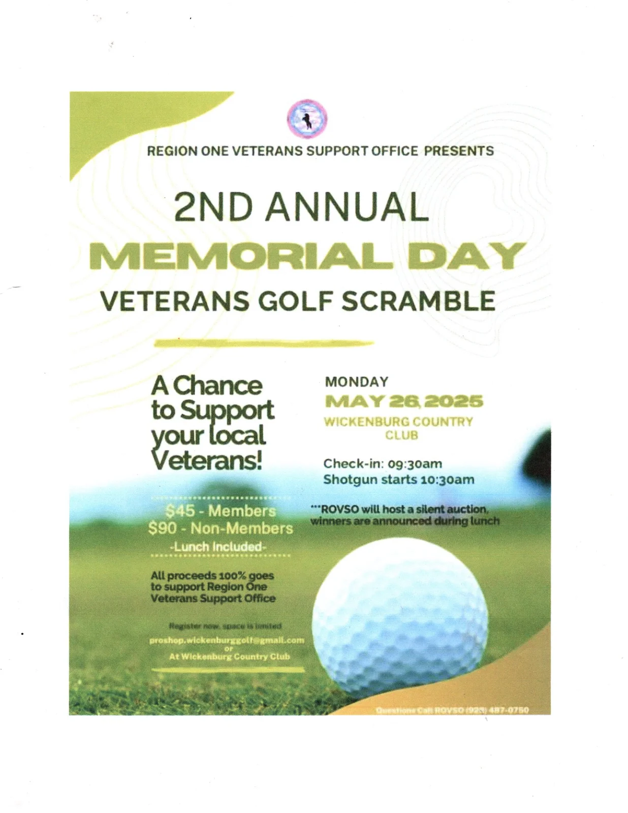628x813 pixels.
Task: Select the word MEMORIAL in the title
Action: click(x=241, y=256)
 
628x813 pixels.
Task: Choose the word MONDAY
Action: click(x=357, y=382)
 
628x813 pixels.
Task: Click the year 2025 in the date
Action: click(x=454, y=401)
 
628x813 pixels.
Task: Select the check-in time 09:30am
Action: click(x=415, y=464)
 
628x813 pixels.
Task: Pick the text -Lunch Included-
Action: click(x=218, y=547)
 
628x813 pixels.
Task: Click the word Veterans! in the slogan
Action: click(x=207, y=460)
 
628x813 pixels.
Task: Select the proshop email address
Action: click(x=227, y=640)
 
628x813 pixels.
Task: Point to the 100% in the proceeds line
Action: click(x=232, y=576)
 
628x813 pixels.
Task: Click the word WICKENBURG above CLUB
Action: click(x=366, y=422)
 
